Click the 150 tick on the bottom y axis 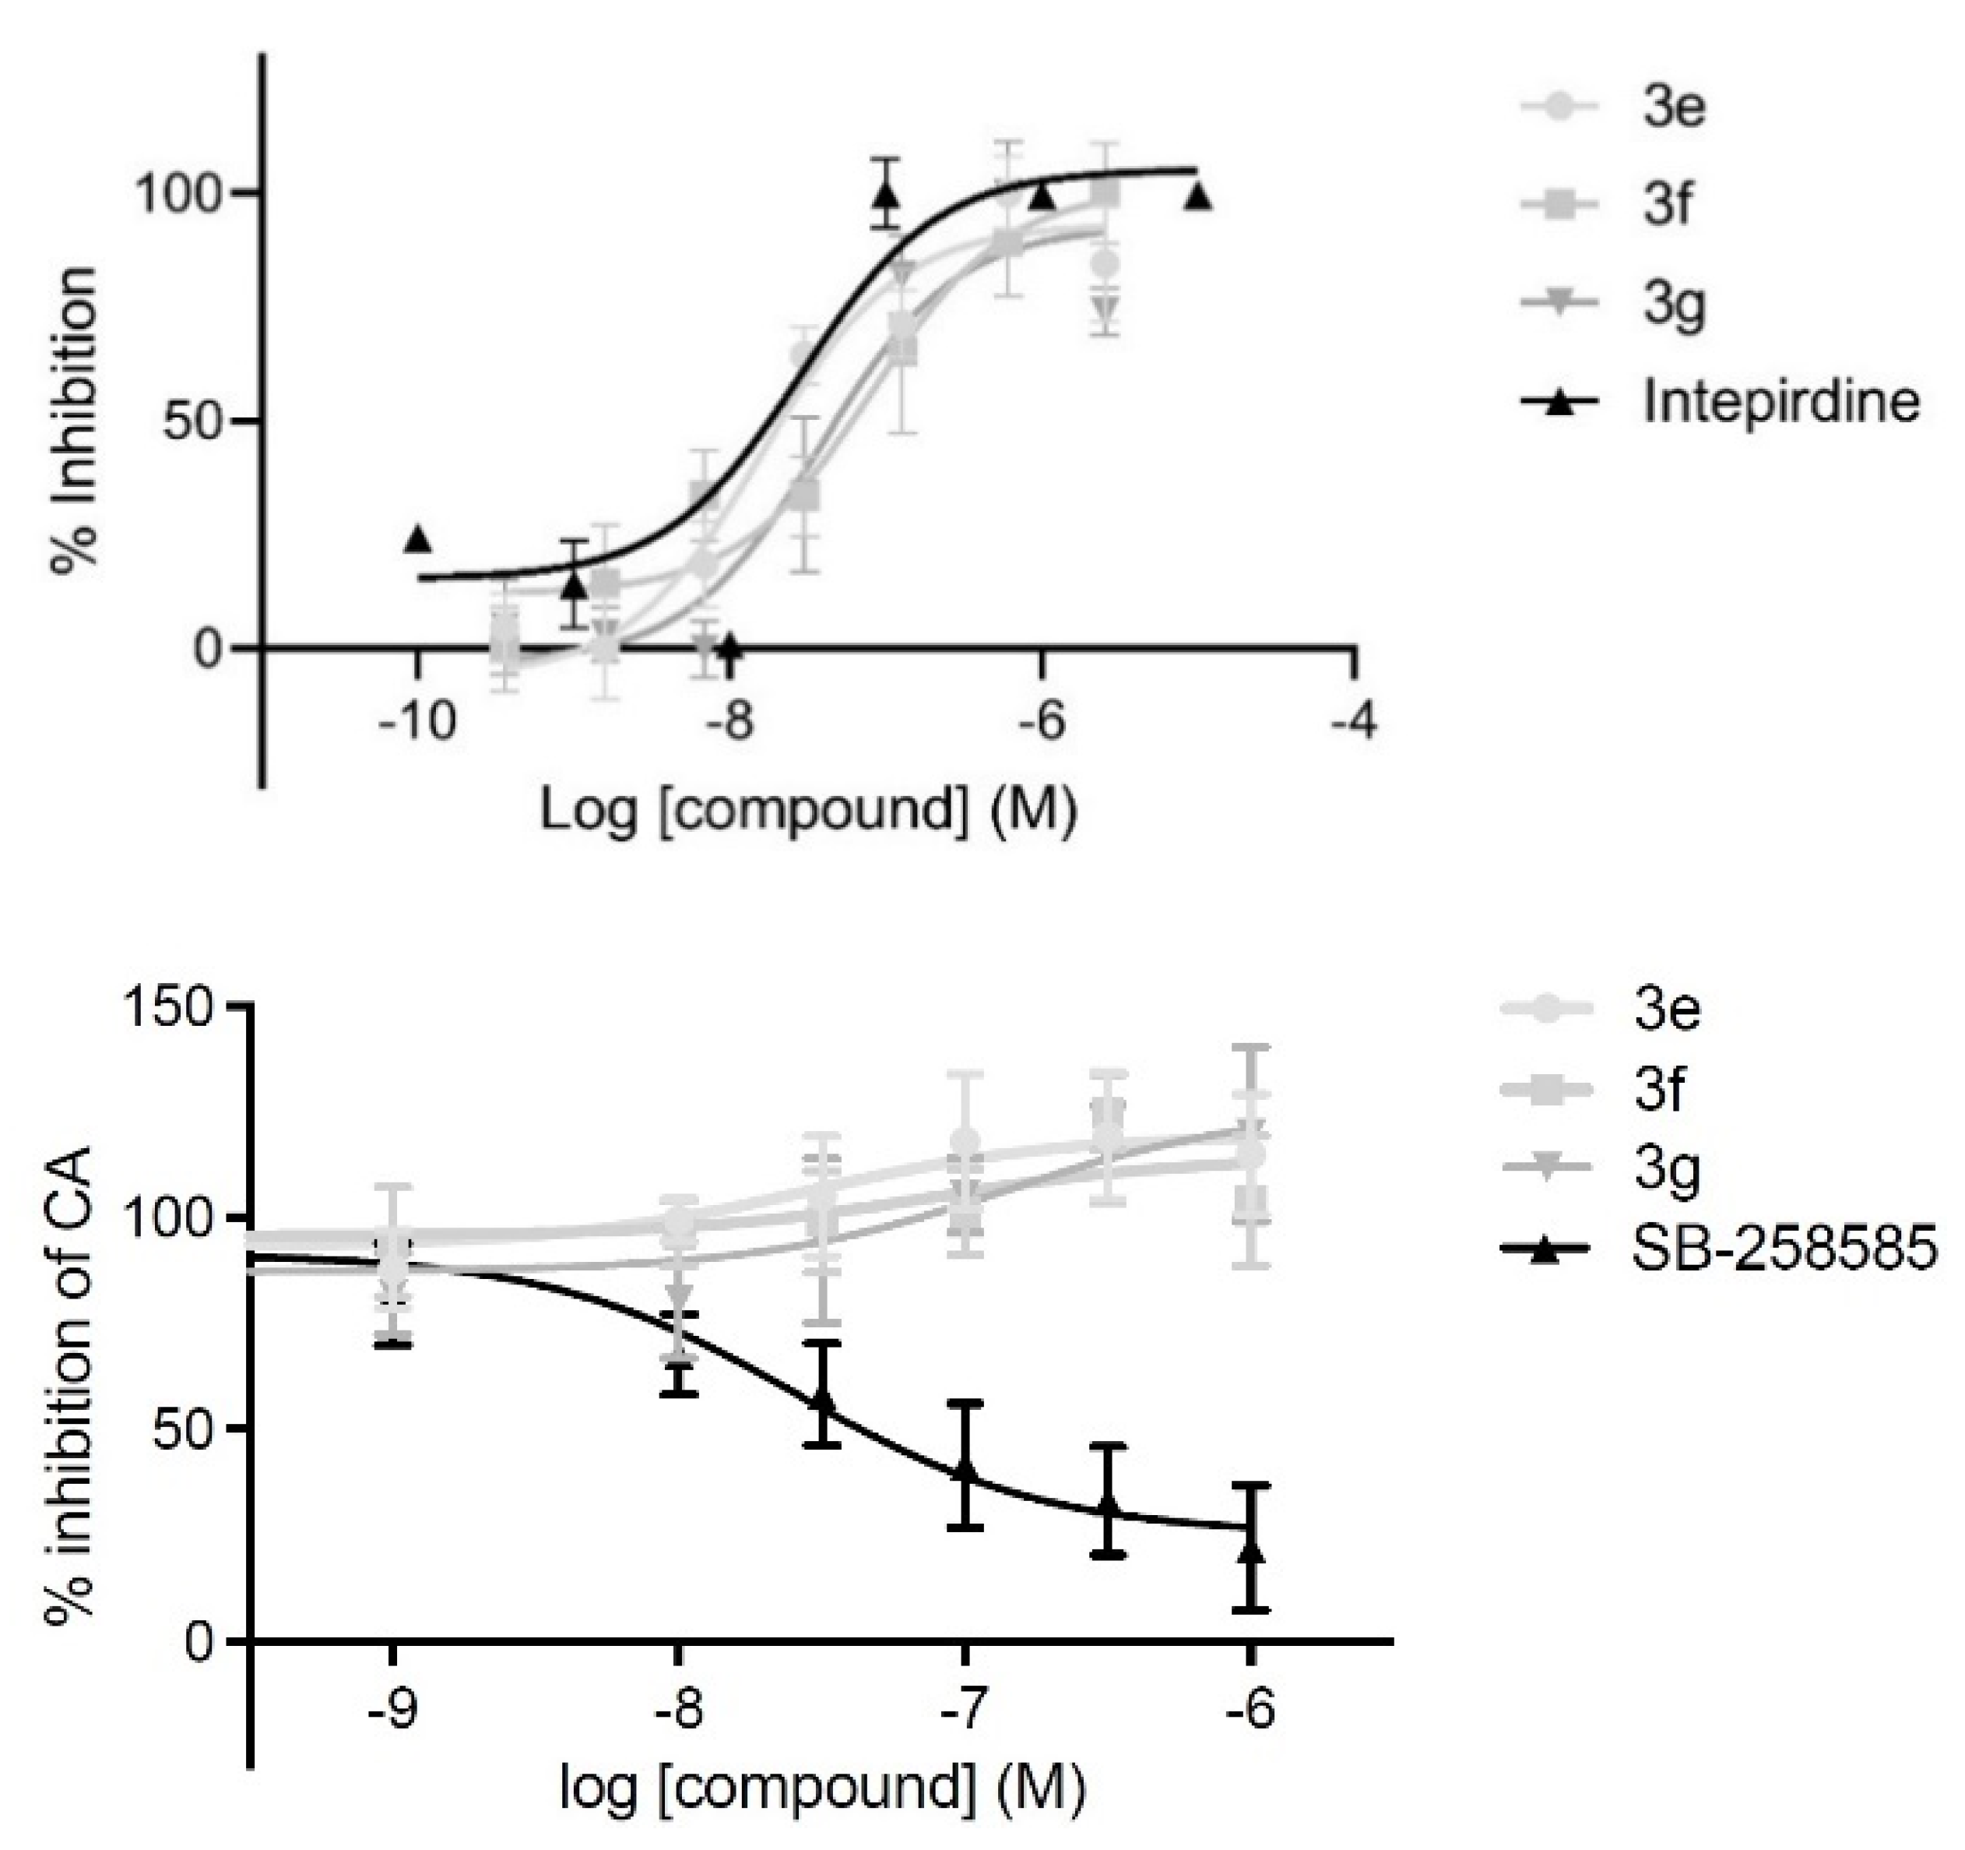(168, 1006)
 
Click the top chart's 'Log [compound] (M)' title (807, 811)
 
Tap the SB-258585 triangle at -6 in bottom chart (1251, 1550)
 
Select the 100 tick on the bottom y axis (168, 1217)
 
